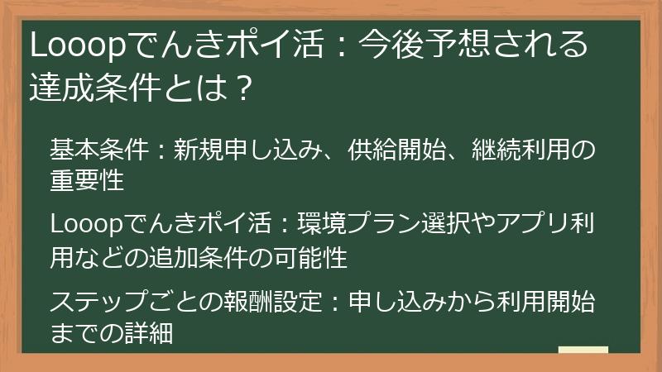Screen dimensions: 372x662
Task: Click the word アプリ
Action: click(x=530, y=226)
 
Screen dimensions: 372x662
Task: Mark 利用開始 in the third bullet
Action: click(x=545, y=302)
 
